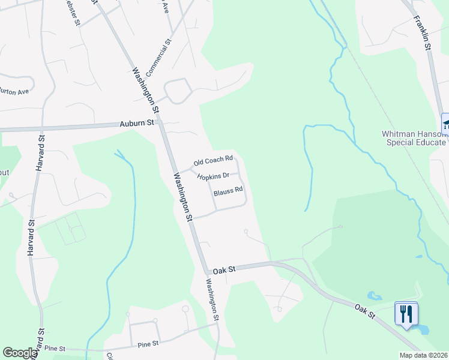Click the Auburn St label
[x=137, y=122]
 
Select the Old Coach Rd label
[x=212, y=161]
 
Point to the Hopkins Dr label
[x=213, y=176]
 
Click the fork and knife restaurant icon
[x=406, y=313]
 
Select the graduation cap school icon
[x=445, y=124]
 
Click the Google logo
[x=20, y=353]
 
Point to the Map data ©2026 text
[x=424, y=355]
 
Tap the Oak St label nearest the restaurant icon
[x=364, y=310]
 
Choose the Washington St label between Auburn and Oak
[x=182, y=197]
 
